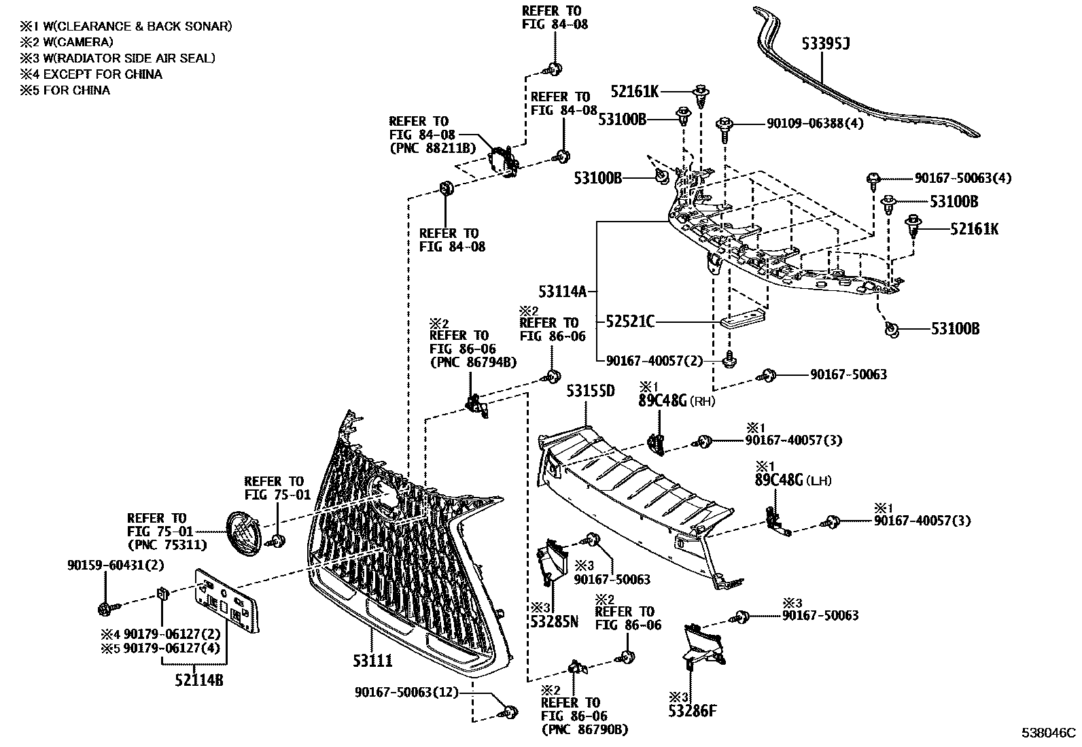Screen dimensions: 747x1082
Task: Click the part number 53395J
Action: (x=826, y=44)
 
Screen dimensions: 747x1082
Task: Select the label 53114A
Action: (x=561, y=292)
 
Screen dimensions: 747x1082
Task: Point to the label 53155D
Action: (x=591, y=391)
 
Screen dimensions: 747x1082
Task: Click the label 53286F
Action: (x=693, y=711)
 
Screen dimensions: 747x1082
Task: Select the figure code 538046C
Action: (x=1049, y=733)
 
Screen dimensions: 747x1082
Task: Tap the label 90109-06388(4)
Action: (x=815, y=124)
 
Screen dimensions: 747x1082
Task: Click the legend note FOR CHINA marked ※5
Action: (x=76, y=90)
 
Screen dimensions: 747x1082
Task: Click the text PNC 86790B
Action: (x=584, y=729)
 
